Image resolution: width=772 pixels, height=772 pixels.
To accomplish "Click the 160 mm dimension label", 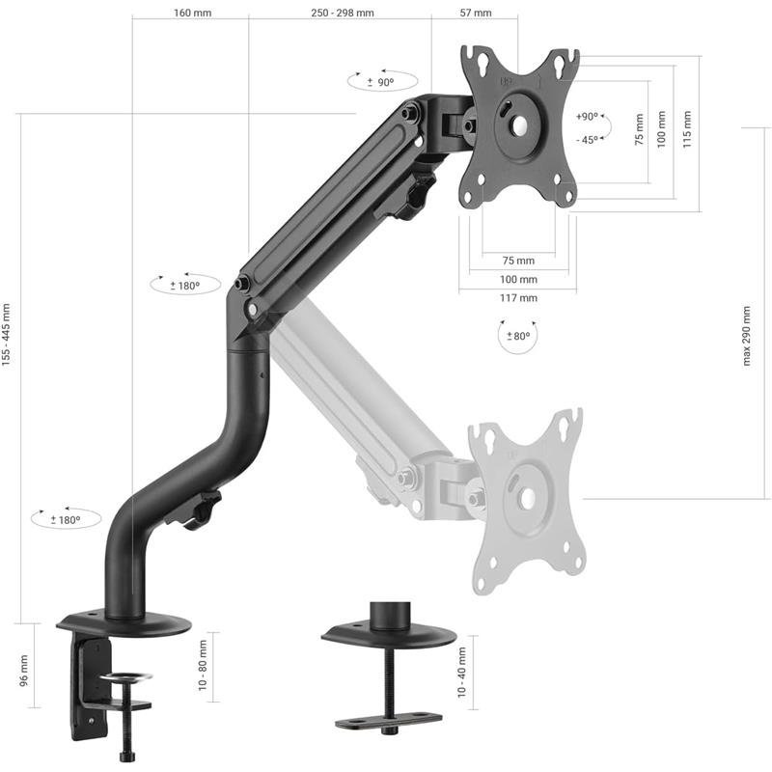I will click(193, 14).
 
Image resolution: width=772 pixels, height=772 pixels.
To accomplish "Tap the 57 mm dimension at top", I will click(474, 14).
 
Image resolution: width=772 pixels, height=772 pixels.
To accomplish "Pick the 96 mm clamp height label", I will click(24, 670).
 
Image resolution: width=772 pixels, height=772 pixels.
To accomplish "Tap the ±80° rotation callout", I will click(518, 337).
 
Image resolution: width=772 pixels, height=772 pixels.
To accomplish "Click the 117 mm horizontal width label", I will click(519, 298).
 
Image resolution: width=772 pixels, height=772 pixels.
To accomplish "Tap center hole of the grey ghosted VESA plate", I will click(527, 498).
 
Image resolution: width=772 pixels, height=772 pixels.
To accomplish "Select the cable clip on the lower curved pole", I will click(199, 510).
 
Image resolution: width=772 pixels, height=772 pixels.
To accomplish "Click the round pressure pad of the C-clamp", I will click(129, 679).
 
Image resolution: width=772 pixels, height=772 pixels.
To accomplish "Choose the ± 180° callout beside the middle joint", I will click(183, 286).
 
